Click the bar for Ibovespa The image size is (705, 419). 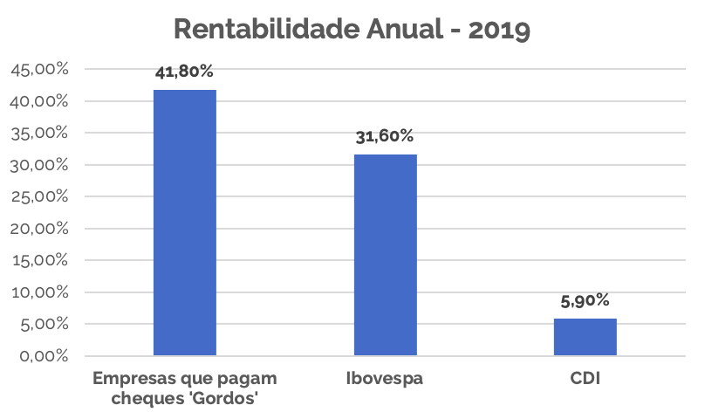tap(385, 255)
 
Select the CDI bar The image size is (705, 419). tap(585, 337)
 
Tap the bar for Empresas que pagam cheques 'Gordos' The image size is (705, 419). tap(185, 223)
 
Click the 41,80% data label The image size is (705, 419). tap(184, 72)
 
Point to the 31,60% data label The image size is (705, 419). tap(385, 137)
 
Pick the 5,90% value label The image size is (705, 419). tap(585, 301)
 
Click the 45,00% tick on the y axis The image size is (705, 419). tap(39, 70)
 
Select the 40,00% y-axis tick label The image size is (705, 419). tap(39, 101)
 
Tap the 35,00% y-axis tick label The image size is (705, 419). tap(39, 134)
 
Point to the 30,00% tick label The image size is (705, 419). tap(39, 165)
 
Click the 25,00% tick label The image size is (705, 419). tap(39, 197)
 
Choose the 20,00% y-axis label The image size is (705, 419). tap(39, 229)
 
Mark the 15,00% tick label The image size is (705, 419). tap(39, 260)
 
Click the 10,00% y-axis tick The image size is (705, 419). tap(39, 292)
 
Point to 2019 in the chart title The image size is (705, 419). tap(499, 30)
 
